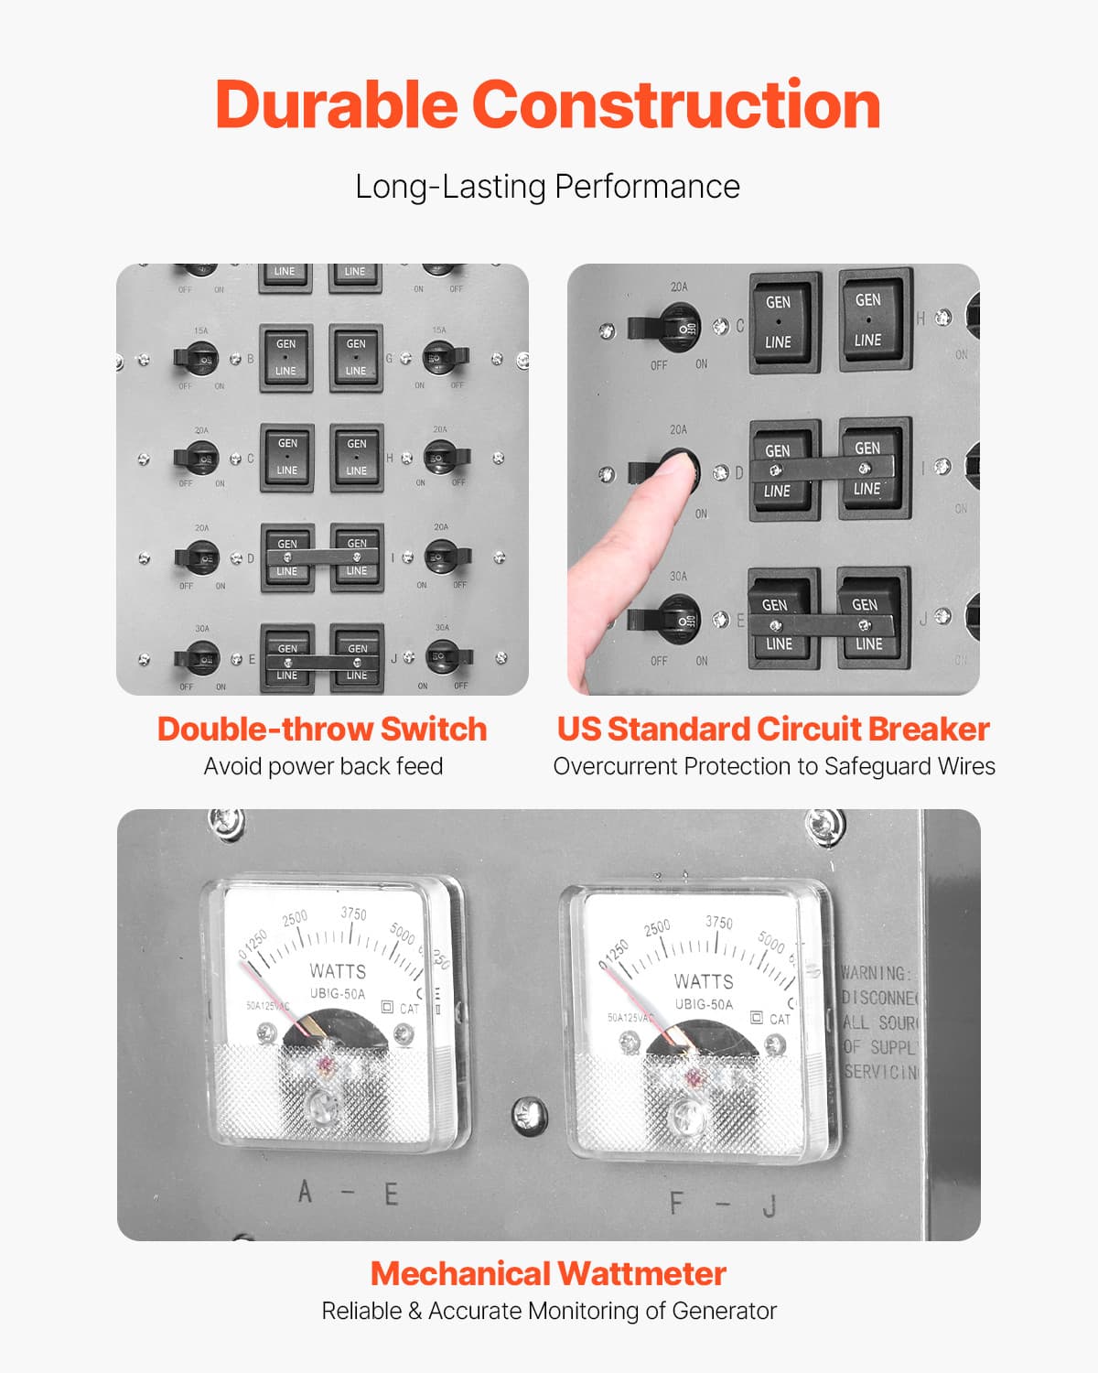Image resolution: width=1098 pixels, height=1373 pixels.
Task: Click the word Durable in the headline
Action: pyautogui.click(x=336, y=104)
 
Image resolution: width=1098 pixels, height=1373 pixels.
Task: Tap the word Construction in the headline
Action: pyautogui.click(x=676, y=104)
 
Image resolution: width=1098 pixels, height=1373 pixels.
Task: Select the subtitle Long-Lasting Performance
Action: pyautogui.click(x=547, y=187)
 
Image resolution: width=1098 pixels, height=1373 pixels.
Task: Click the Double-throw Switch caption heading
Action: pyautogui.click(x=322, y=729)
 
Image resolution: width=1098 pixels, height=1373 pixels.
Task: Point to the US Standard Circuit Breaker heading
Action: pyautogui.click(x=773, y=729)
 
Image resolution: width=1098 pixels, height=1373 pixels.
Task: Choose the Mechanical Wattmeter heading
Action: pyautogui.click(x=548, y=1273)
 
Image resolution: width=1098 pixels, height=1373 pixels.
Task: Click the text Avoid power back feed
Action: pyautogui.click(x=323, y=766)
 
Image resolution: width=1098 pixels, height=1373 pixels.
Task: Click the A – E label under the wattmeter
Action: pyautogui.click(x=349, y=1194)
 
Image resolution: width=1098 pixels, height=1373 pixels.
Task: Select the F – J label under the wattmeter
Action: pyautogui.click(x=723, y=1204)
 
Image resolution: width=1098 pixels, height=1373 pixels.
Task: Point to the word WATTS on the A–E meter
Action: pyautogui.click(x=338, y=971)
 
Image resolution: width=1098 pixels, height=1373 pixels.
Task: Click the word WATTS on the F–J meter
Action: pyautogui.click(x=704, y=981)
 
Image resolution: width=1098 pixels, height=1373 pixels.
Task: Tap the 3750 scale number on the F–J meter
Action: pyautogui.click(x=719, y=923)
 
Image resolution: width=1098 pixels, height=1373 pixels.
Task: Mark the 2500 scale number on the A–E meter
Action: pyautogui.click(x=295, y=918)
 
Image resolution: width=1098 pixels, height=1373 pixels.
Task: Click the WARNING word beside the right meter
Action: pyautogui.click(x=875, y=973)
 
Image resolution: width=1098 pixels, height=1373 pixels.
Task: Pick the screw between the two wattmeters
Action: pyautogui.click(x=529, y=1113)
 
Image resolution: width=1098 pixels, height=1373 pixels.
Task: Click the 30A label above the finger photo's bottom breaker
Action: pyautogui.click(x=678, y=577)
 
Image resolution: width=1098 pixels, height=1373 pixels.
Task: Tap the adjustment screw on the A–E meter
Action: pyautogui.click(x=321, y=1107)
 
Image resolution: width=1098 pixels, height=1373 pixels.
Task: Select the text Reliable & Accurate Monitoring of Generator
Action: pyautogui.click(x=548, y=1311)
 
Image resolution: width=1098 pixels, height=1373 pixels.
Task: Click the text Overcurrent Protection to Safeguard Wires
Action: pyautogui.click(x=773, y=766)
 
